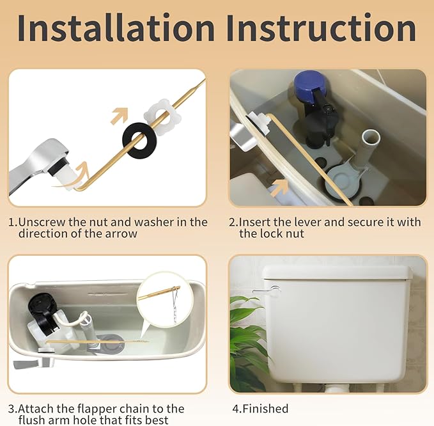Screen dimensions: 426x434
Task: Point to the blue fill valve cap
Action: click(x=313, y=87)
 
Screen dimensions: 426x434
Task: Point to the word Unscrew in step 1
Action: click(x=43, y=222)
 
